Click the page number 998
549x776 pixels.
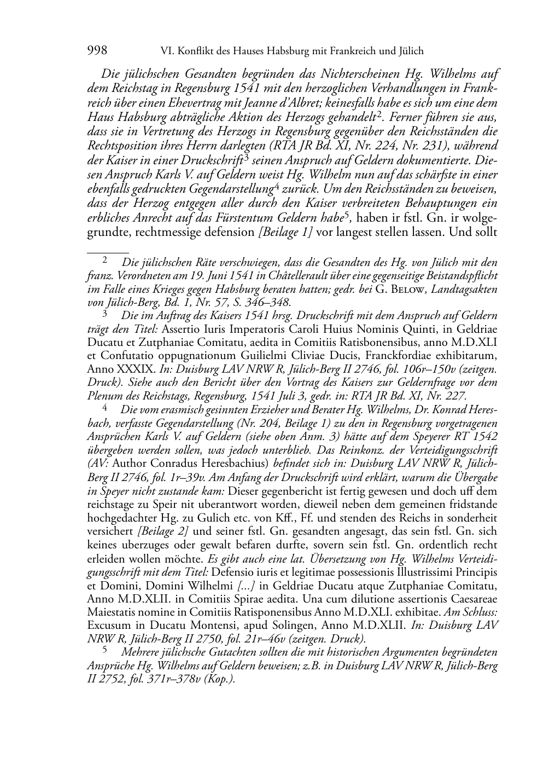pyautogui.click(x=97, y=51)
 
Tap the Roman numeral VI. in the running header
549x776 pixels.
pyautogui.click(x=168, y=51)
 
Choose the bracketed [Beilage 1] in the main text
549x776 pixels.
pyautogui.click(x=285, y=231)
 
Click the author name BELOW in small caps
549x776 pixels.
pyautogui.click(x=409, y=289)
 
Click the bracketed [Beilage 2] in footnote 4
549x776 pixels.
pyautogui.click(x=163, y=531)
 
